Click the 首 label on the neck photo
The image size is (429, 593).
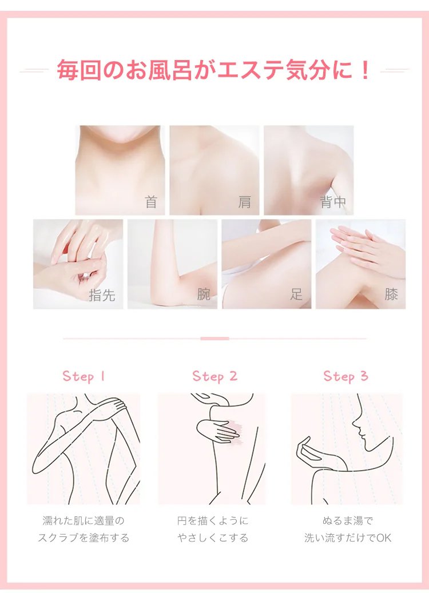(151, 202)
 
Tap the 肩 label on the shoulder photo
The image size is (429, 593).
(245, 202)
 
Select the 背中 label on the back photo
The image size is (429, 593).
(333, 202)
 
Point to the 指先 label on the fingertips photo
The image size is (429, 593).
(102, 294)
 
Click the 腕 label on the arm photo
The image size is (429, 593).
(204, 294)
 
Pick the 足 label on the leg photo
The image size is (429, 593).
(297, 294)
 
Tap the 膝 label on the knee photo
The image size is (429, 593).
(391, 294)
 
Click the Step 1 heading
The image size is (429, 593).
(84, 376)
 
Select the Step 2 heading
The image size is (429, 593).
(215, 376)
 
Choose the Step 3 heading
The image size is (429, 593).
(345, 376)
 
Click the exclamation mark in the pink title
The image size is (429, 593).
(365, 70)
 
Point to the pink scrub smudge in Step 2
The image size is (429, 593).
(235, 433)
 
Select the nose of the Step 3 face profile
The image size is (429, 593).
(354, 425)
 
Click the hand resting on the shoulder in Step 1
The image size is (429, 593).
(113, 406)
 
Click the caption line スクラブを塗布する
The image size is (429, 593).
(84, 538)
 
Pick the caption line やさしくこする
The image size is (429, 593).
(213, 538)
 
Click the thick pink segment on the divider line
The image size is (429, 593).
(214, 339)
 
